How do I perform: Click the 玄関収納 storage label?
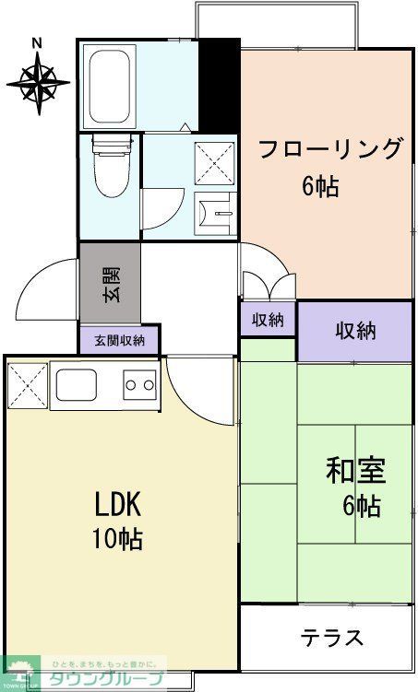click(x=119, y=340)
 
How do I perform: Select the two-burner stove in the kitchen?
click(x=140, y=383)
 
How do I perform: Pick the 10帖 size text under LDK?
click(x=117, y=537)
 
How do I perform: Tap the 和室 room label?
click(x=354, y=470)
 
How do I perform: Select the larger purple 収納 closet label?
click(x=354, y=331)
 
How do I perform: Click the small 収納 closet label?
click(x=268, y=321)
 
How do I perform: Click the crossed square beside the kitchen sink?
click(x=27, y=383)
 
